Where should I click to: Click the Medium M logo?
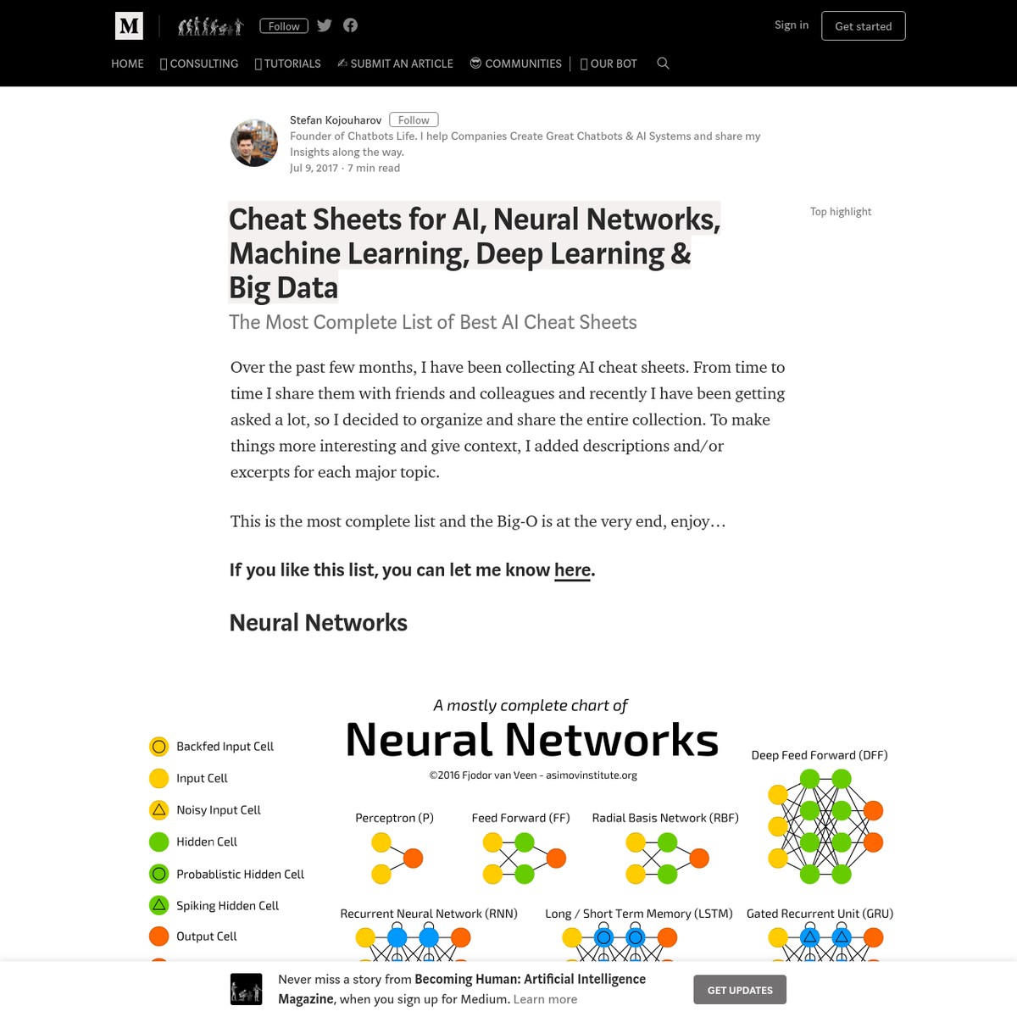click(129, 25)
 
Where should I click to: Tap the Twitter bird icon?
click(324, 25)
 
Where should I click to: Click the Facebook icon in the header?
click(350, 25)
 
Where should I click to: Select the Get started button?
click(863, 26)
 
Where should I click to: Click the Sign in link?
click(791, 25)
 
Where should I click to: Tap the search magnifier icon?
click(663, 64)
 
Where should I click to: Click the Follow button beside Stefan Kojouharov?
click(414, 119)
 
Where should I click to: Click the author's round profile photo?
click(254, 143)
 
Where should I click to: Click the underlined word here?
click(572, 570)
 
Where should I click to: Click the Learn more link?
click(545, 999)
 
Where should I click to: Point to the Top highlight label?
click(841, 212)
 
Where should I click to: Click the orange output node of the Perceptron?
click(414, 859)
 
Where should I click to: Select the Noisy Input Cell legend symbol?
click(158, 810)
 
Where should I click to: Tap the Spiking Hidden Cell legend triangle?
click(158, 906)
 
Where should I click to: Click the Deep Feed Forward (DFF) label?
click(820, 755)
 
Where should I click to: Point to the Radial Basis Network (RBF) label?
click(665, 818)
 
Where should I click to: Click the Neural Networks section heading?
click(319, 623)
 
